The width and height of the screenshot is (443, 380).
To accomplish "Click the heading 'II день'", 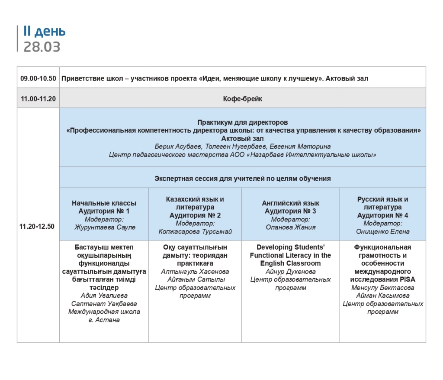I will tap(45, 32).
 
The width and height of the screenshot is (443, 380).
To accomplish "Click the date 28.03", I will tap(42, 47).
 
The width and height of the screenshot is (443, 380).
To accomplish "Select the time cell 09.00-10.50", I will tap(38, 78).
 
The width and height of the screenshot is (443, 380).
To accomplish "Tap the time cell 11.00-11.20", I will tap(38, 99).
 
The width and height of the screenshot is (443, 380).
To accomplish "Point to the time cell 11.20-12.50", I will tap(38, 226).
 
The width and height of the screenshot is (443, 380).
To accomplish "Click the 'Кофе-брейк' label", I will tap(242, 99).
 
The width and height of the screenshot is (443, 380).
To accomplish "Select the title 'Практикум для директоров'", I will tap(242, 123).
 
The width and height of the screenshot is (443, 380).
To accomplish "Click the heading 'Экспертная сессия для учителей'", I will tap(242, 178).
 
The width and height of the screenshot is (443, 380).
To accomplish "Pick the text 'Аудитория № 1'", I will tap(104, 211).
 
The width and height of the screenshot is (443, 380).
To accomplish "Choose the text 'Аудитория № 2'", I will tap(195, 215).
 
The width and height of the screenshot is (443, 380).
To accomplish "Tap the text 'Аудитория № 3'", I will tap(290, 211).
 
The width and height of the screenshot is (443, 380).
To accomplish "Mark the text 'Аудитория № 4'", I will tap(382, 215).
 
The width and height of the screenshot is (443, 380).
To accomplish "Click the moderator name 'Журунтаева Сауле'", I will tap(105, 227).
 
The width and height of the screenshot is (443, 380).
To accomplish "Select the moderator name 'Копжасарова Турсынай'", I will tap(195, 231).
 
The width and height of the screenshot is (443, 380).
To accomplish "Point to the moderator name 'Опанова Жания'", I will tap(290, 227).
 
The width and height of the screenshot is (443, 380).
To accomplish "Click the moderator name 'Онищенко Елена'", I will tap(382, 231).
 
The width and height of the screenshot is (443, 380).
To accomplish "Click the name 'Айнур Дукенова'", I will tap(290, 272).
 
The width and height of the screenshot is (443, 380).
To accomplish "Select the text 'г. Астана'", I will tap(104, 320).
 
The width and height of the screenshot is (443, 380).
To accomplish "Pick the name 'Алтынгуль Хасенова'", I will tap(195, 272).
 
